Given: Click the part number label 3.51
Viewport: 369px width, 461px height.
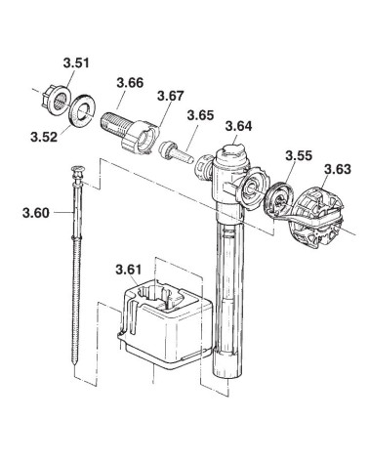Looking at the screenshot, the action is (76, 63).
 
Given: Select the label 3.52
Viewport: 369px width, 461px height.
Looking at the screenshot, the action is (44, 137).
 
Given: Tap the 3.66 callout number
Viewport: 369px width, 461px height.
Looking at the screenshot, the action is (130, 83).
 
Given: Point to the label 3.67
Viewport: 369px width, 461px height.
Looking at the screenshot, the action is (171, 96).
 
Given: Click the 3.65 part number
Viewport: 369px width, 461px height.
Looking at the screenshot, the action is (201, 115).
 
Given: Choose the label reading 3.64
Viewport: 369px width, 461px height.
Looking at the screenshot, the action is (239, 126).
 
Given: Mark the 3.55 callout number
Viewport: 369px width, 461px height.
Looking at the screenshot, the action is (299, 155).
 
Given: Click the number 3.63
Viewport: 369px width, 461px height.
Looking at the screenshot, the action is (338, 169).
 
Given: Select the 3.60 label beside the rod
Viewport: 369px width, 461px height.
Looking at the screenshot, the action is (36, 213).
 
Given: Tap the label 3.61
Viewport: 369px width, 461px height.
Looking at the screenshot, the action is (129, 270).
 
